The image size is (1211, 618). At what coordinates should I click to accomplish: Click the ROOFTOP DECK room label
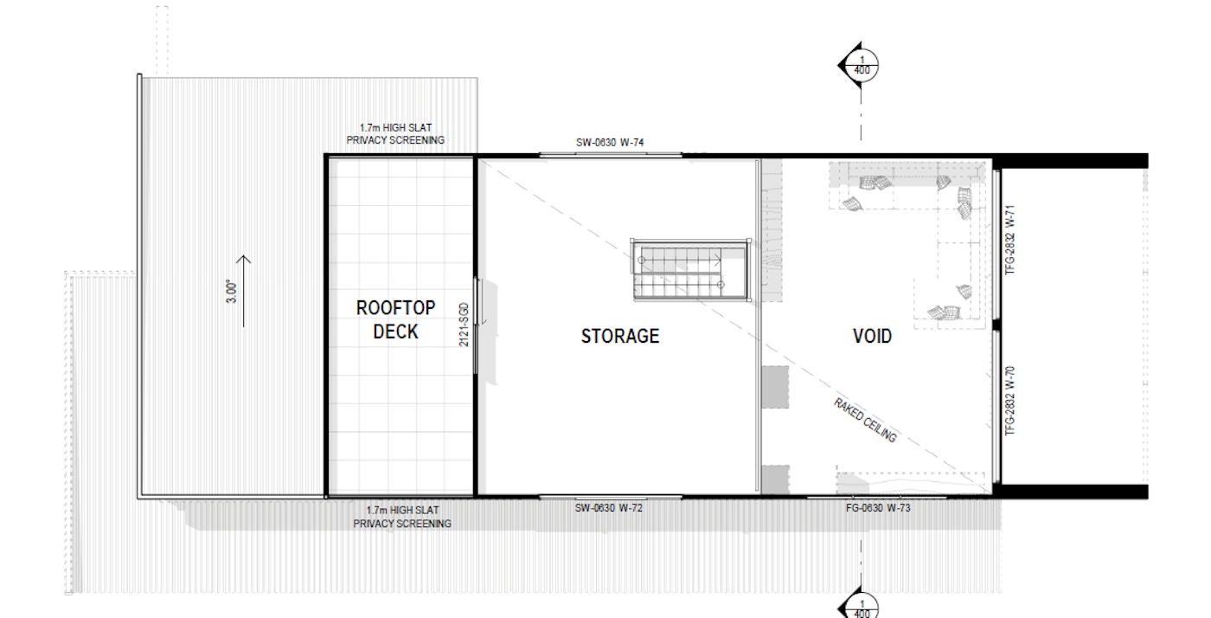[x=396, y=319]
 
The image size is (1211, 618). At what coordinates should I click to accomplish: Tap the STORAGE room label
[x=620, y=336]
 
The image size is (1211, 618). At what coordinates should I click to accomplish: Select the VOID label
[x=872, y=336]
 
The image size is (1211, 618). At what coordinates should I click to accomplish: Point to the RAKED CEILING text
[x=865, y=421]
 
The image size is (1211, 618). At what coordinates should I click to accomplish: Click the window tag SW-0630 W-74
[x=610, y=142]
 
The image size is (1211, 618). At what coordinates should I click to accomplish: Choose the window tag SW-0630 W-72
[x=609, y=508]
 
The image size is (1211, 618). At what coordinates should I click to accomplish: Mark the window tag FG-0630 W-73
[x=878, y=508]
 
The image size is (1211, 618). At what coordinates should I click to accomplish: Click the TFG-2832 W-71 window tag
[x=1010, y=240]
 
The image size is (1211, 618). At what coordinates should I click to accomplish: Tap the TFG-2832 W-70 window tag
[x=1010, y=401]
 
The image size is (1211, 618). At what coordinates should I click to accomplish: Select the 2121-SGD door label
[x=464, y=325]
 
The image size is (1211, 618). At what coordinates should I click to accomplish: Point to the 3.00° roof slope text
[x=232, y=291]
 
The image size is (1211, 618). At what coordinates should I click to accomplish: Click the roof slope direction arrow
[x=244, y=291]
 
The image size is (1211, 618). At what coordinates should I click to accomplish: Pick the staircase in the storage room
[x=690, y=270]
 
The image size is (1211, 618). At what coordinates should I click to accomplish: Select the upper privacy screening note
[x=395, y=134]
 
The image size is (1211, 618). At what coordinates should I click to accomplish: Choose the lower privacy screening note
[x=402, y=517]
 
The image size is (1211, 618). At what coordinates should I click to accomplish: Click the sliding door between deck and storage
[x=476, y=325]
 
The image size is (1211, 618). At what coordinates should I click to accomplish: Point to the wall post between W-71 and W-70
[x=996, y=325]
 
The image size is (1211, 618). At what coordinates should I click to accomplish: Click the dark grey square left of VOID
[x=775, y=388]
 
